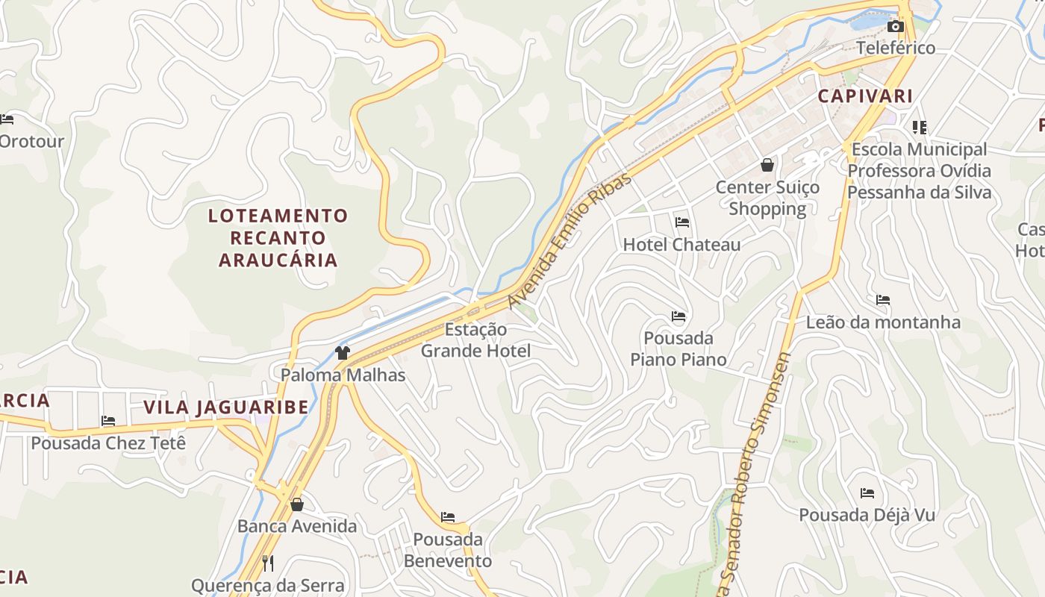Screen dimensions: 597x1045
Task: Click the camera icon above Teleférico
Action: click(x=895, y=27)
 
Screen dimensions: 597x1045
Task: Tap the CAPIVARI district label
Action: click(x=865, y=96)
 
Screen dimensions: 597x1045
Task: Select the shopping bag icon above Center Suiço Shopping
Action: click(x=767, y=165)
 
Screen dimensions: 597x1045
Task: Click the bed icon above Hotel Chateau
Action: click(x=681, y=222)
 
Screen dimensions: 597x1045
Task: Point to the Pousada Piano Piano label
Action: click(x=678, y=348)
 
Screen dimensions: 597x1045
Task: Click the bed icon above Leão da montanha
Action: click(x=883, y=300)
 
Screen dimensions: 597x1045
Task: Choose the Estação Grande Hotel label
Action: click(x=475, y=340)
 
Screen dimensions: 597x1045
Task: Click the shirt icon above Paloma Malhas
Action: click(x=343, y=353)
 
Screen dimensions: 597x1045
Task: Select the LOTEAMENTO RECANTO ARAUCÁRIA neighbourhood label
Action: click(x=278, y=238)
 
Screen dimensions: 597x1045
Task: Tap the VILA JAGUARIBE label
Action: click(x=225, y=407)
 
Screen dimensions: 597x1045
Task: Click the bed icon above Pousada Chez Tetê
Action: click(x=108, y=421)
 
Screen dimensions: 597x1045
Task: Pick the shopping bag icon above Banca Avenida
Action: click(x=297, y=504)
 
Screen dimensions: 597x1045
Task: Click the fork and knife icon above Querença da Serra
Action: click(x=268, y=563)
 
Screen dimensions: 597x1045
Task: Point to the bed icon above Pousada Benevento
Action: click(x=448, y=516)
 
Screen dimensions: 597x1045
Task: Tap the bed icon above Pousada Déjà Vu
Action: click(x=867, y=493)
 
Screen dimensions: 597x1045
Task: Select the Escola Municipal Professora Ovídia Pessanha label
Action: click(x=919, y=171)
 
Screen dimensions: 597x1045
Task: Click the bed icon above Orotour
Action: click(x=7, y=119)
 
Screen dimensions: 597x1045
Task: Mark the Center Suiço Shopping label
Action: click(x=767, y=198)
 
